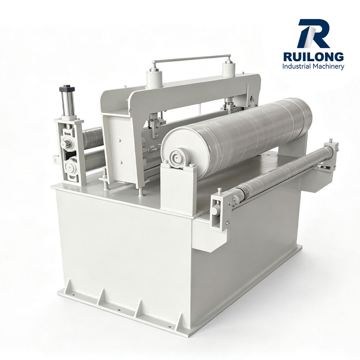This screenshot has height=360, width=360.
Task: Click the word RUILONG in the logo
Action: click(314, 57)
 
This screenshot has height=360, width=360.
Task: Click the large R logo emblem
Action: click(314, 34)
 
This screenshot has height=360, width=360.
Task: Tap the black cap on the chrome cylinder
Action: click(67, 89)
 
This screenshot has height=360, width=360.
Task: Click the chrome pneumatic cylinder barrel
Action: click(68, 104)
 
